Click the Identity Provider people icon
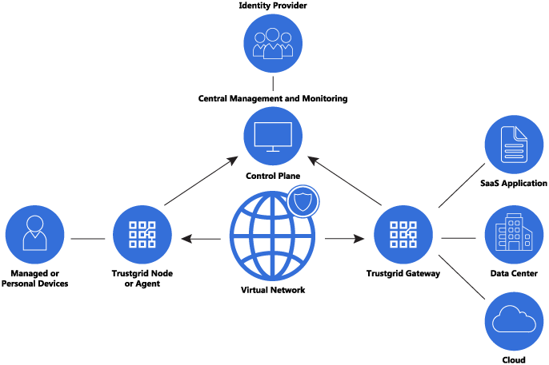click(272, 43)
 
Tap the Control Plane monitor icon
click(272, 137)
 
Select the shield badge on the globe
click(303, 202)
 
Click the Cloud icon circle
click(514, 321)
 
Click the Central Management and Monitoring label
click(272, 99)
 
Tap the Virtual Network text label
click(272, 290)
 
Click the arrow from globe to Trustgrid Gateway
click(345, 238)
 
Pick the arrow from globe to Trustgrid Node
click(201, 238)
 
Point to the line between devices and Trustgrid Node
click(87, 238)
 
